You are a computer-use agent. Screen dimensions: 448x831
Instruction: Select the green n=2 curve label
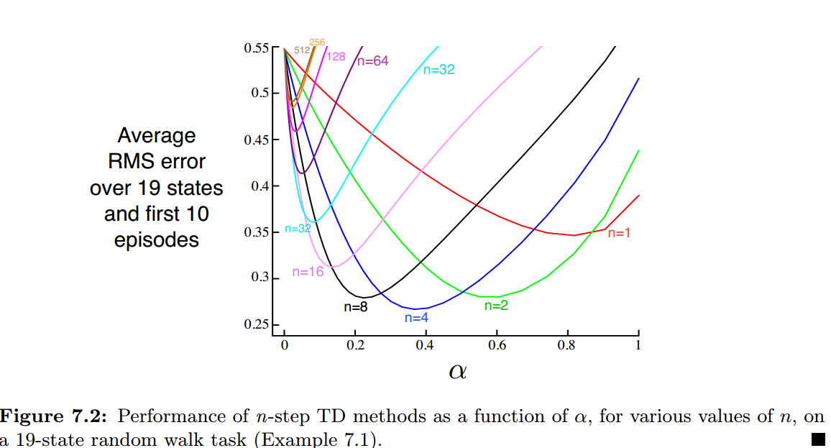pyautogui.click(x=496, y=305)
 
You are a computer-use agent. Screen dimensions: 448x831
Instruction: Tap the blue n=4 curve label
pyautogui.click(x=417, y=317)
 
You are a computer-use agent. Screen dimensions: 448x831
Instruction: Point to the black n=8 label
pyautogui.click(x=355, y=306)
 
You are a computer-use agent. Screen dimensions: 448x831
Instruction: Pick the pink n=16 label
pyautogui.click(x=308, y=272)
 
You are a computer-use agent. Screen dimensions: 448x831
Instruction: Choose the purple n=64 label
pyautogui.click(x=372, y=61)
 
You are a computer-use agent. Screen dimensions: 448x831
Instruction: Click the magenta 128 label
pyautogui.click(x=336, y=56)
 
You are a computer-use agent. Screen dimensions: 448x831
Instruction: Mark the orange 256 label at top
pyautogui.click(x=317, y=42)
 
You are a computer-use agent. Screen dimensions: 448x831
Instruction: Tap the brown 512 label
pyautogui.click(x=302, y=50)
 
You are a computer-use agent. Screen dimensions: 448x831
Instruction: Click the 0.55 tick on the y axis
pyautogui.click(x=257, y=48)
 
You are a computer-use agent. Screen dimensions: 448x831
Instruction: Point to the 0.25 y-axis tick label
pyautogui.click(x=257, y=325)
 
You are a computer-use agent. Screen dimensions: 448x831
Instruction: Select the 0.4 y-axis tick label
pyautogui.click(x=260, y=186)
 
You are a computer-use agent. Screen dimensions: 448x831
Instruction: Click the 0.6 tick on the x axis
pyautogui.click(x=497, y=345)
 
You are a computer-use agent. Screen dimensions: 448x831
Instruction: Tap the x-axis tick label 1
pyautogui.click(x=638, y=345)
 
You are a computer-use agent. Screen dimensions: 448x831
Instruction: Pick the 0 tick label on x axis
pyautogui.click(x=285, y=345)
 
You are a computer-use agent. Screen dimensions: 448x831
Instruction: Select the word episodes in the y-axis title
pyautogui.click(x=157, y=239)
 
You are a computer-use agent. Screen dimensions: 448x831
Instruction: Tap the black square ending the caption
pyautogui.click(x=817, y=439)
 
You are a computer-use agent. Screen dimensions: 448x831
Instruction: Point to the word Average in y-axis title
pyautogui.click(x=157, y=136)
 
